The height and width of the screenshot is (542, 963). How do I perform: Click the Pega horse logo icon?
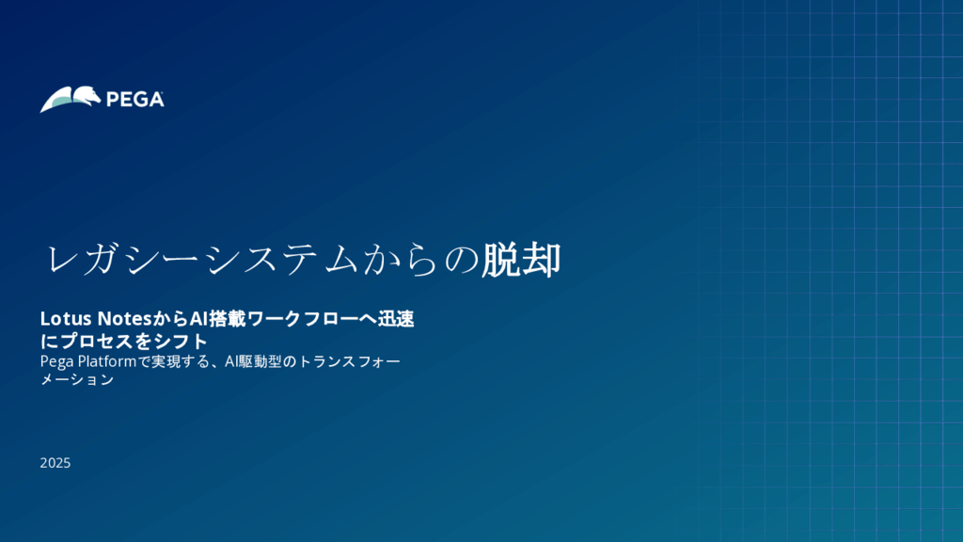point(71,99)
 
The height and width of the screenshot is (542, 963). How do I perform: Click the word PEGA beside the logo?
point(135,100)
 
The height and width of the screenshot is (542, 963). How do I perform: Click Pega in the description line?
point(55,361)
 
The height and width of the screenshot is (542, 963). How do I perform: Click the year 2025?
point(55,463)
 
